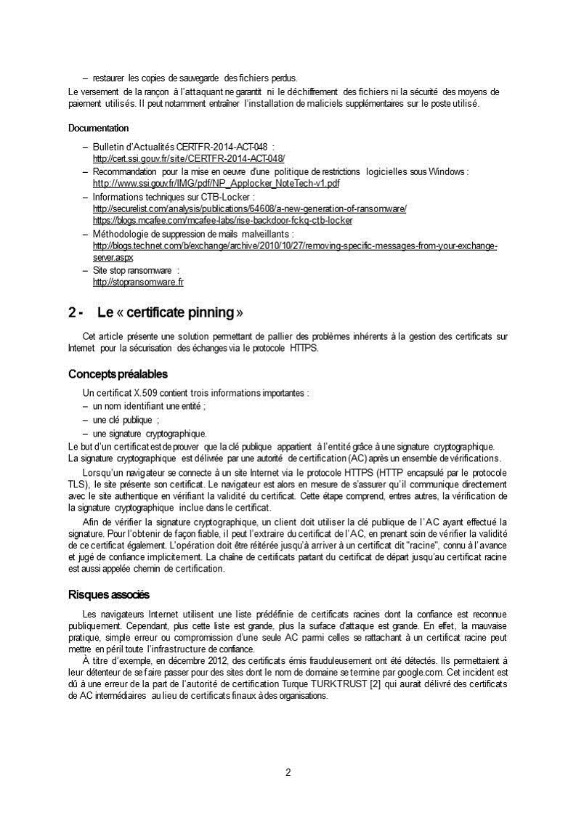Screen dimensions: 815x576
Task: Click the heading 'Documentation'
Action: coord(98,128)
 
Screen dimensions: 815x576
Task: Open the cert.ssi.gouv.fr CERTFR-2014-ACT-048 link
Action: coord(189,158)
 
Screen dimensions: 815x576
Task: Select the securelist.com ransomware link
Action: coord(249,208)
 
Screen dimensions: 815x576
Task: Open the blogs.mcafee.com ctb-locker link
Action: coord(222,219)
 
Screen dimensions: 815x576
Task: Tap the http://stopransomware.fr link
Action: coord(138,282)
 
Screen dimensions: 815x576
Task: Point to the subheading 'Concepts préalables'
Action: coord(118,374)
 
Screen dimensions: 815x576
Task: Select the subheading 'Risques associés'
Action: coord(108,595)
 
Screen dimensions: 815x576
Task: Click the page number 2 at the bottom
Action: coord(288,772)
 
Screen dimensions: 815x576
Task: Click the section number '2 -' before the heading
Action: coord(76,312)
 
